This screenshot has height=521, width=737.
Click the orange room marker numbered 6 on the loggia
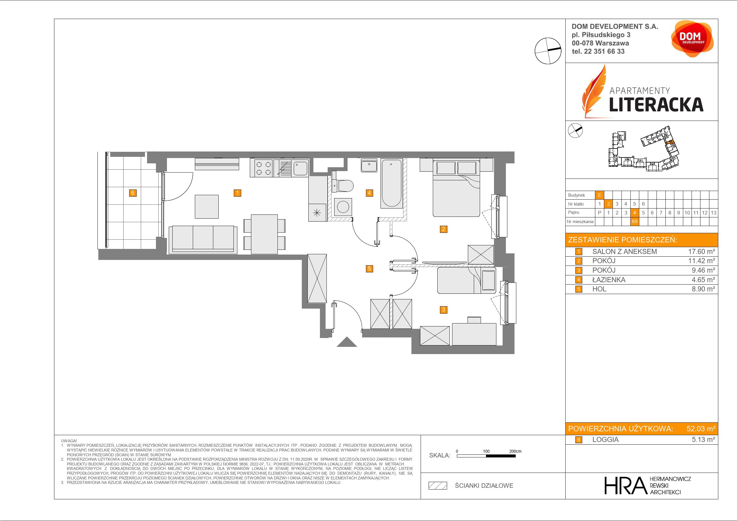(x=132, y=193)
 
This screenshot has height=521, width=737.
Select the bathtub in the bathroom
(x=391, y=183)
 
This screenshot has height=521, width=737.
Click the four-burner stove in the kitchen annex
(x=263, y=168)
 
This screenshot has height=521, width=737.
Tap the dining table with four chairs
(x=264, y=234)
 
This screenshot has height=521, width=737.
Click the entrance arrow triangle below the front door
(x=347, y=342)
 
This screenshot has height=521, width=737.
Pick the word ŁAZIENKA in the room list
(x=609, y=280)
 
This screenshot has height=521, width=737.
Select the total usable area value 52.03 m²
(x=701, y=429)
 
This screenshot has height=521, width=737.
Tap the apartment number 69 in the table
(x=634, y=222)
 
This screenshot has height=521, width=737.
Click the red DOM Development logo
(x=692, y=39)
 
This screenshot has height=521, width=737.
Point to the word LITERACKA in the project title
(x=656, y=105)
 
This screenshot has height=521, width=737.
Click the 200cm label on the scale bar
(x=515, y=451)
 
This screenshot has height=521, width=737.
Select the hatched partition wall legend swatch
(x=438, y=486)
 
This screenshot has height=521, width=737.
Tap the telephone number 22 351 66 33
(x=605, y=51)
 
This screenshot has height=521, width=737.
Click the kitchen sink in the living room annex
(x=300, y=168)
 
